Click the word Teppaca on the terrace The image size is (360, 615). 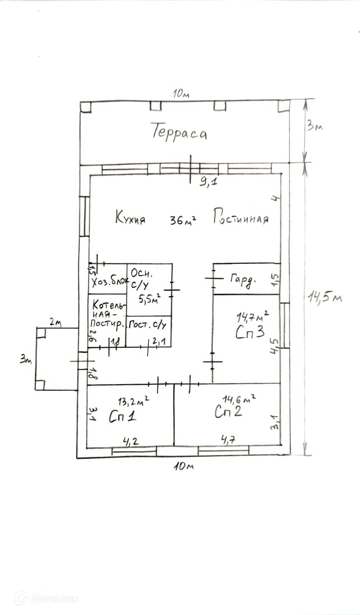179,133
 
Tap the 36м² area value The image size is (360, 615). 183,220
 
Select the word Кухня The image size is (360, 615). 130,218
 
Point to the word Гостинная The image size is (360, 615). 241,218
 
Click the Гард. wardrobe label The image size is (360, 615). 243,279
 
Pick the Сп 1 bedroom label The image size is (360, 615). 122,416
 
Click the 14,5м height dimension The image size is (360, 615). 325,297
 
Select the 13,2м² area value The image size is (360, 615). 133,402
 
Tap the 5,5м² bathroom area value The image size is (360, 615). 149,298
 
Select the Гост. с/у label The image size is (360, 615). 148,325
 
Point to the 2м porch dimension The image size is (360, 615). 55,322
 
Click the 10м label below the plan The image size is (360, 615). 183,466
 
